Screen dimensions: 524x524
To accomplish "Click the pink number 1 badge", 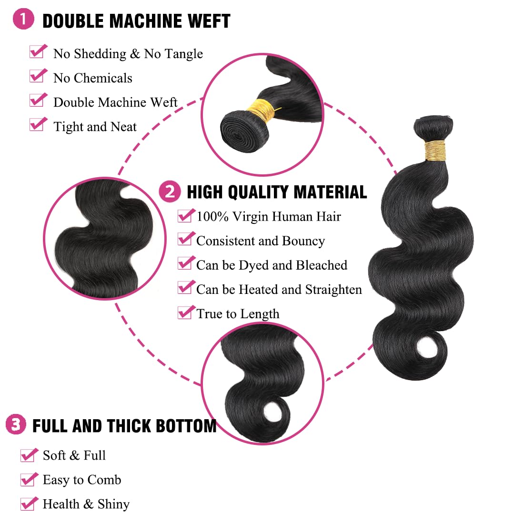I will pyautogui.click(x=23, y=20).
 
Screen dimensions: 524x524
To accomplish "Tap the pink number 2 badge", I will pyautogui.click(x=170, y=191).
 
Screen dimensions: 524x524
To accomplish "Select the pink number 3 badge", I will pyautogui.click(x=16, y=424).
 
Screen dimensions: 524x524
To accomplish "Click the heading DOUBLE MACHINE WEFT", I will pyautogui.click(x=136, y=21).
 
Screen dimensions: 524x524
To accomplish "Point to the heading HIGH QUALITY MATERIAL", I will pyautogui.click(x=277, y=192).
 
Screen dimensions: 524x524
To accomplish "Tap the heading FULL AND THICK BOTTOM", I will pyautogui.click(x=124, y=425).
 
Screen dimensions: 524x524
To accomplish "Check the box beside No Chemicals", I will pyautogui.click(x=38, y=76).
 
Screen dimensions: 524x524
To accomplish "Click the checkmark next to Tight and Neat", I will pyautogui.click(x=38, y=124).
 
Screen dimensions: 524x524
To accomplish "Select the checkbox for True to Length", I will pyautogui.click(x=185, y=312).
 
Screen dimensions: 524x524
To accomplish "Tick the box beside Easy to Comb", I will pyautogui.click(x=29, y=479).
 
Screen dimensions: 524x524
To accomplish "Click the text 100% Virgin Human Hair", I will pyautogui.click(x=269, y=217).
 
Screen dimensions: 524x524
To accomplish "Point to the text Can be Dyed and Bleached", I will pyautogui.click(x=272, y=265).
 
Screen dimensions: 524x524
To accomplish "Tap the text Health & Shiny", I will pyautogui.click(x=86, y=504).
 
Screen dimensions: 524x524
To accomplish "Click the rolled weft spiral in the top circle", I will pyautogui.click(x=240, y=129).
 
